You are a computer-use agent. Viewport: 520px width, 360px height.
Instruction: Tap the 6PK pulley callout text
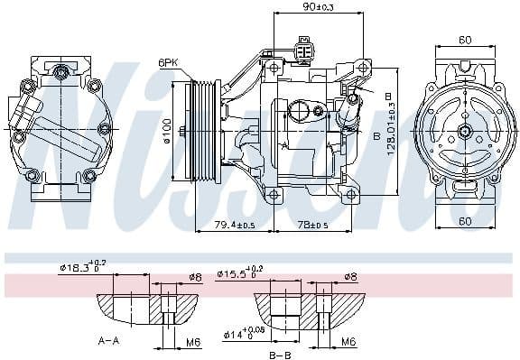168,63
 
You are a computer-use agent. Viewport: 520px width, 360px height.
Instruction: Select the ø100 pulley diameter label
167,133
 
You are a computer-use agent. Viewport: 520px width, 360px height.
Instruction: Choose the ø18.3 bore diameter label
82,268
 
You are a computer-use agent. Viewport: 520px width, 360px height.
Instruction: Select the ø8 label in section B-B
349,277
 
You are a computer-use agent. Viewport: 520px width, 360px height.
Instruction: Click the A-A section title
109,342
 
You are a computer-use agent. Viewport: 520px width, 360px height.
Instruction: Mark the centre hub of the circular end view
465,132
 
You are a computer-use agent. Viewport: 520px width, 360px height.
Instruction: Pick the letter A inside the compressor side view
284,144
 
